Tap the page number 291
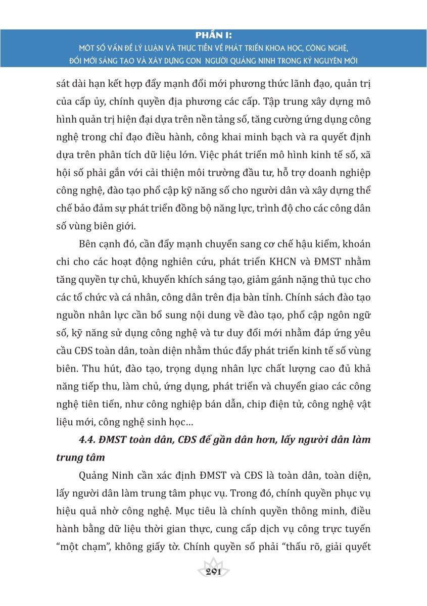pyautogui.click(x=213, y=571)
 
